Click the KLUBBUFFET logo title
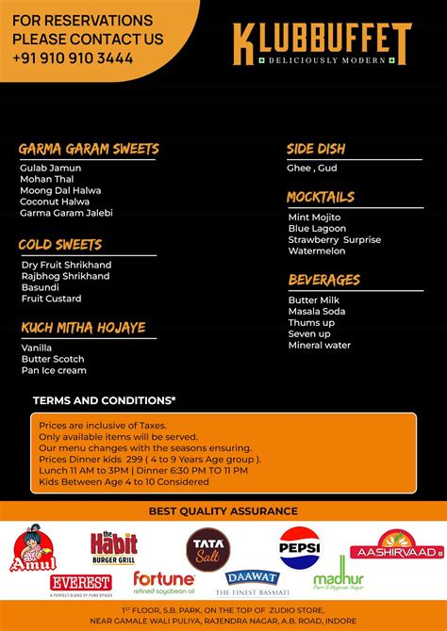tap(323, 40)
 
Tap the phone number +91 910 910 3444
tap(73, 57)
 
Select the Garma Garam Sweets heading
tap(89, 149)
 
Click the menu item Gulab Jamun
tap(50, 168)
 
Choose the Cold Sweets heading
tap(60, 245)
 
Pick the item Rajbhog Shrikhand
tap(65, 276)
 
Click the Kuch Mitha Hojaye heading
tap(83, 327)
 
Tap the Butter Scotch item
tap(53, 359)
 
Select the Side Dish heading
tap(316, 149)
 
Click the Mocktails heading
tap(321, 197)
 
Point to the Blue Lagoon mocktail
tap(317, 229)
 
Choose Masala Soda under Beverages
tap(317, 311)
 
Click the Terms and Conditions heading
tap(104, 400)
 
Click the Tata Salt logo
tap(208, 548)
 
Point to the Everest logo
tap(81, 584)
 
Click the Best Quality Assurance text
tap(223, 511)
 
